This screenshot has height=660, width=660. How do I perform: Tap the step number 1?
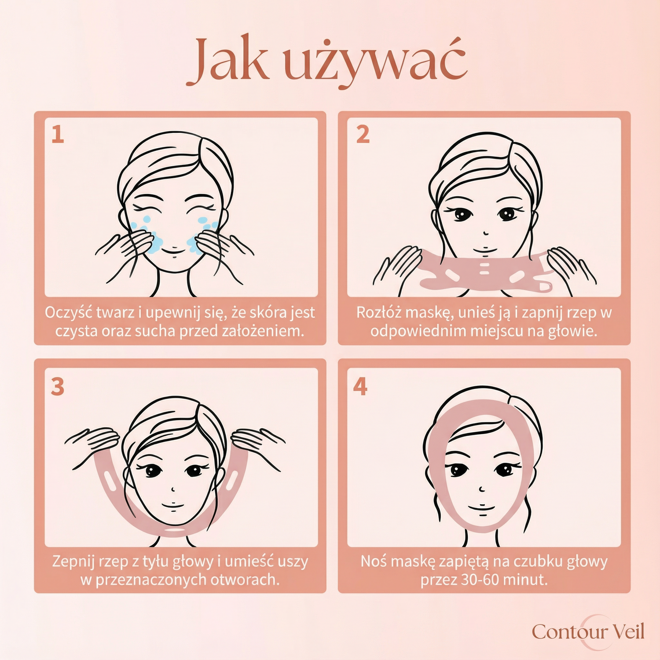pos(58,134)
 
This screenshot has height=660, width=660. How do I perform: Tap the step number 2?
pos(363,134)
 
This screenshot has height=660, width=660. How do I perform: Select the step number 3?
pos(58,387)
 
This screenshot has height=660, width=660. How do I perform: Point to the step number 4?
pos(360,386)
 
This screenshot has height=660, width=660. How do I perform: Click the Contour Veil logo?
pos(588,632)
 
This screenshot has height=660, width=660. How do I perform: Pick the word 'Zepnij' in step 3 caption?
pos(73,562)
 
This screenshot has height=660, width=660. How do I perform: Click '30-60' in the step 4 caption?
pos(480,580)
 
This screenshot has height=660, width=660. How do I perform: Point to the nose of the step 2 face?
pos(485,232)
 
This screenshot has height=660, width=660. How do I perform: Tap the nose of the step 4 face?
pos(482,488)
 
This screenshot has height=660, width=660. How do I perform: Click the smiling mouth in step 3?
pos(173,506)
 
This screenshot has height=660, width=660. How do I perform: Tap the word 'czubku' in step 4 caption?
pos(539,562)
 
